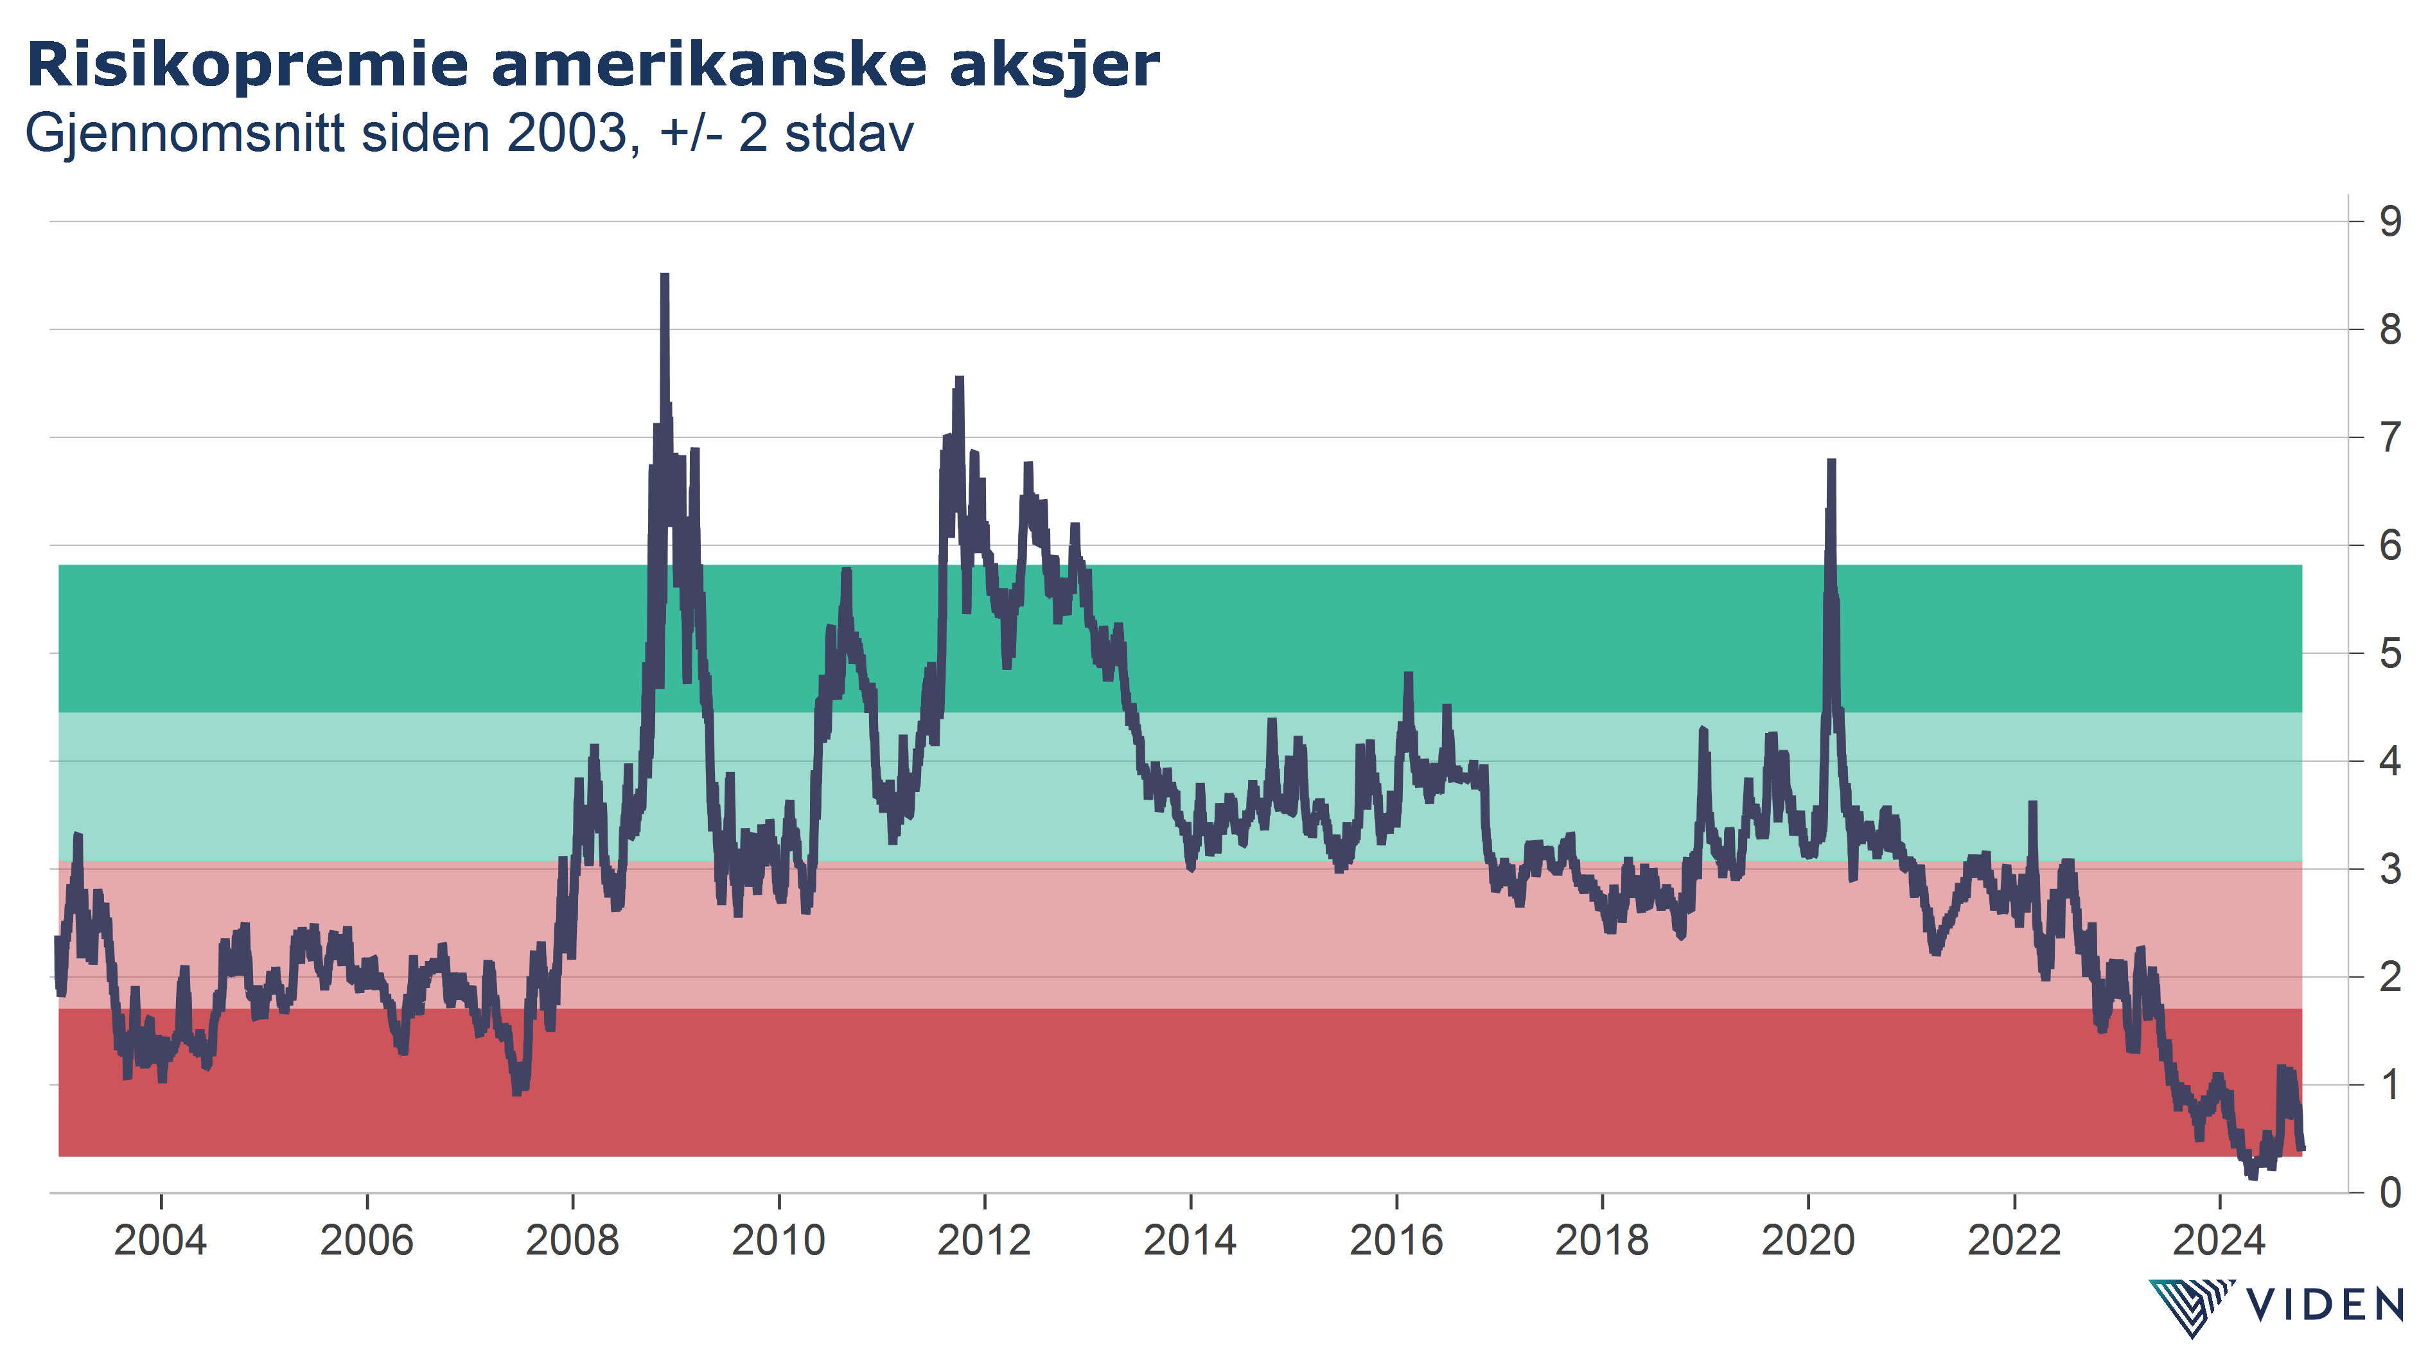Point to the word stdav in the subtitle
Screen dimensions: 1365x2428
(x=849, y=133)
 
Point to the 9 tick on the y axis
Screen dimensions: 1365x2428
(x=2390, y=222)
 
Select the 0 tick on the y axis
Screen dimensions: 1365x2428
(x=2390, y=1192)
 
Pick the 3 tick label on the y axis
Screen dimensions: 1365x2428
(x=2390, y=869)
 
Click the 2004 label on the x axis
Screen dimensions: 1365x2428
(x=160, y=1240)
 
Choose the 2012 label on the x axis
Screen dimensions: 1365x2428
(x=984, y=1240)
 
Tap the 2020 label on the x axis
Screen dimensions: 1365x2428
(x=1808, y=1240)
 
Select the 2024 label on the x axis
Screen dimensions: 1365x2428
(x=2219, y=1240)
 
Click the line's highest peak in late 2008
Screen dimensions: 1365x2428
(x=665, y=276)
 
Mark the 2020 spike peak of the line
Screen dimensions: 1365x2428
(x=1831, y=461)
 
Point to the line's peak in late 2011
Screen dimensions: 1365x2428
(x=960, y=379)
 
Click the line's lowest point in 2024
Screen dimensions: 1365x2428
(x=2253, y=1176)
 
